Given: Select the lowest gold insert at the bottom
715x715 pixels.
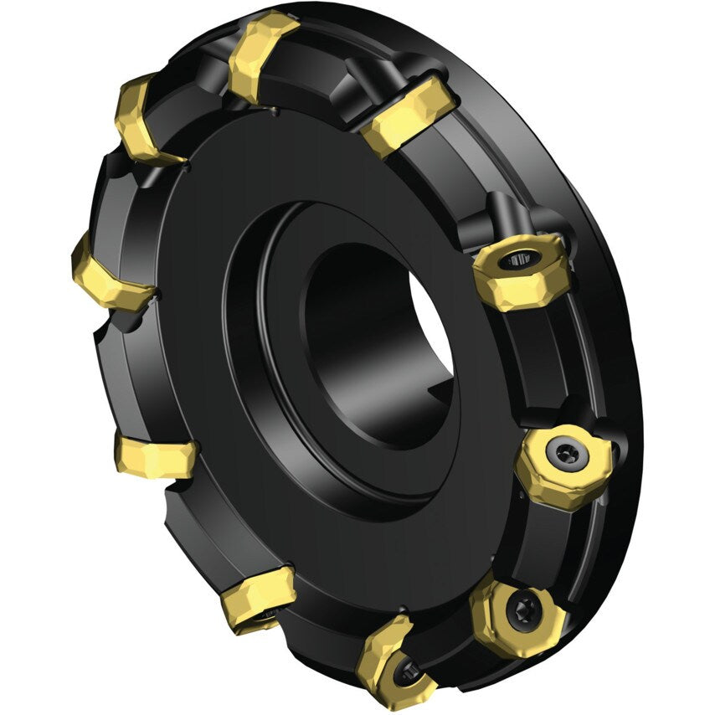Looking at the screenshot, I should point(394,661).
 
